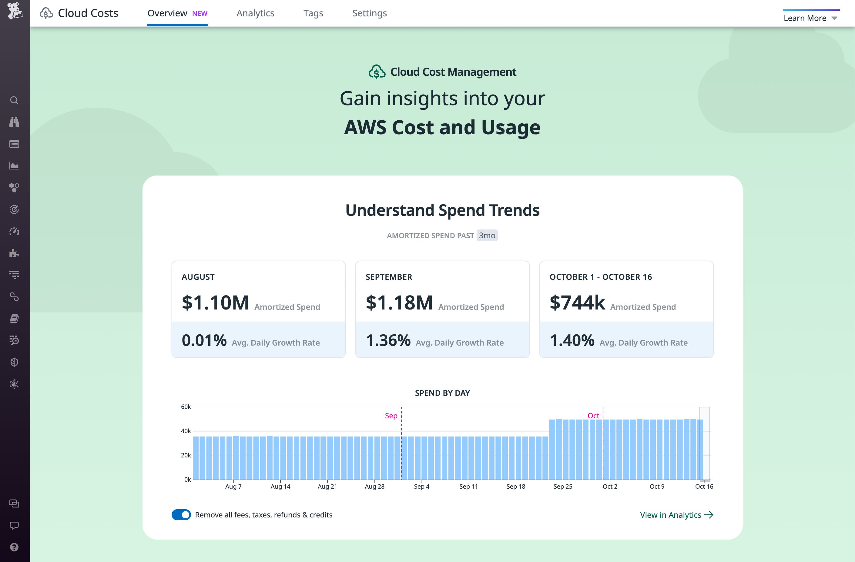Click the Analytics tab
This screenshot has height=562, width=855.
[255, 13]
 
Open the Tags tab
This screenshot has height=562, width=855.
[313, 13]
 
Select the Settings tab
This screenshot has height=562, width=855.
[369, 13]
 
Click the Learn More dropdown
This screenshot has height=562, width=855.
[810, 18]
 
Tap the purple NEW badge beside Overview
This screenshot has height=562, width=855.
[200, 13]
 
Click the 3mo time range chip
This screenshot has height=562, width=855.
[487, 236]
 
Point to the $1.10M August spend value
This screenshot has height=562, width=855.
[215, 302]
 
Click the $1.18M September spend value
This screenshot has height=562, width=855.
[399, 302]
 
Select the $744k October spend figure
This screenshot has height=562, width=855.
[577, 302]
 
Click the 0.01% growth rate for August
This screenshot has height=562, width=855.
[204, 340]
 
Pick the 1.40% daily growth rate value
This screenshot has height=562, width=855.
[572, 340]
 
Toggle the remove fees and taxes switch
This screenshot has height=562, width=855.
[181, 515]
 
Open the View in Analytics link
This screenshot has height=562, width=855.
[676, 515]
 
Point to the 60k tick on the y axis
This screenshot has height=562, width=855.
[186, 407]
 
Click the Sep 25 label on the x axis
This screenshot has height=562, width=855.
[563, 487]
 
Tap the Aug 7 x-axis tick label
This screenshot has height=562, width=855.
[233, 487]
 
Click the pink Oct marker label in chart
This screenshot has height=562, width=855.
[593, 416]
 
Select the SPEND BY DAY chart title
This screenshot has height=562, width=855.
[442, 393]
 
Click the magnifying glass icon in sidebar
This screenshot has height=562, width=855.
[14, 101]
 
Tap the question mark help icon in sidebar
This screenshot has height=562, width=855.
[14, 547]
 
